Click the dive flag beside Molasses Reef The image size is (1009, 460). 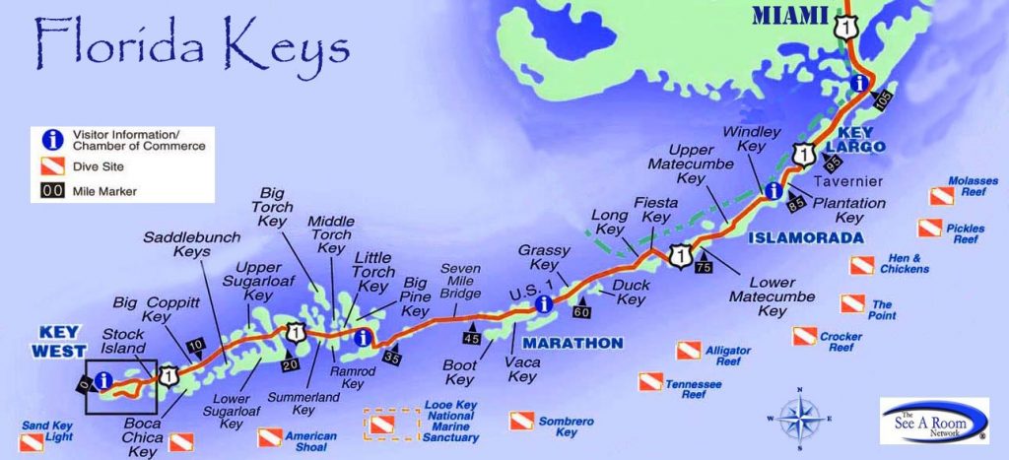[x=931, y=197]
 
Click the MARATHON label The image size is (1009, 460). [x=572, y=343]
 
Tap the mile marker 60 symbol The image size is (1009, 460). [x=582, y=311]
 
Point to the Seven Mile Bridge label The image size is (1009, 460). [x=460, y=282]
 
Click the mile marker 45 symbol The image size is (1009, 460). [x=472, y=337]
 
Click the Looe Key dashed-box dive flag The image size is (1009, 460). [x=381, y=426]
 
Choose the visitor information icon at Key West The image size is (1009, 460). [x=101, y=379]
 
